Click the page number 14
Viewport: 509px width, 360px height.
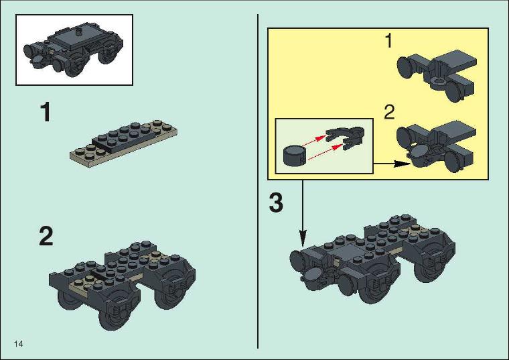(x=19, y=344)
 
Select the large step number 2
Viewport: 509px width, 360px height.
(x=46, y=236)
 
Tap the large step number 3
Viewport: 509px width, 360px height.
(x=276, y=202)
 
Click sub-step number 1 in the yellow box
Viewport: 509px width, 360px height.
(x=388, y=41)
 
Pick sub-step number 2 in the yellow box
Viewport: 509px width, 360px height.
(x=389, y=112)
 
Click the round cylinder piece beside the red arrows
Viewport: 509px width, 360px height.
(x=295, y=156)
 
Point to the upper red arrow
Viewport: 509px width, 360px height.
(x=313, y=140)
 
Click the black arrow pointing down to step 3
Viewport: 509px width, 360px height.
(x=303, y=213)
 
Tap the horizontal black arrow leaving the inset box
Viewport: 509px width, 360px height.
(x=392, y=164)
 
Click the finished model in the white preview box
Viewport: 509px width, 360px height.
(x=74, y=50)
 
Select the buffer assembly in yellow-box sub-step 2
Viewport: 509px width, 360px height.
(x=437, y=146)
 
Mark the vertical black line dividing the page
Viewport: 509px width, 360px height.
(x=258, y=181)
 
